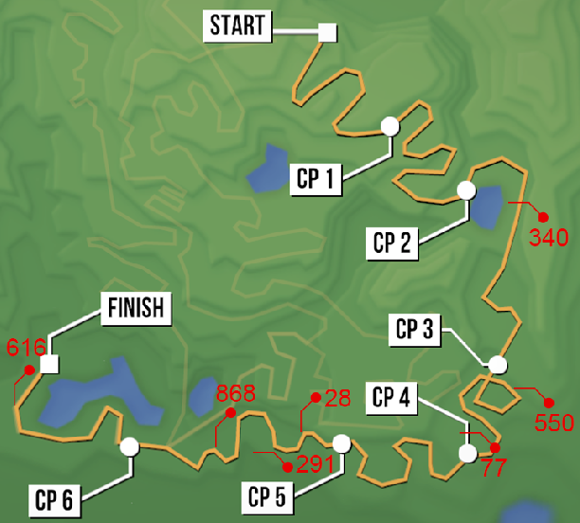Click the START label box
point(238,26)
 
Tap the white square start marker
point(327,32)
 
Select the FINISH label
point(136,308)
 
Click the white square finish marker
point(50,364)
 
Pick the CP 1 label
point(317,178)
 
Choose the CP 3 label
point(415,330)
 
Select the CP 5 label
point(272,495)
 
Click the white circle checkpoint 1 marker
point(390,125)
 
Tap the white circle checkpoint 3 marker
point(498,364)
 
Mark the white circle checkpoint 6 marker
point(130,445)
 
